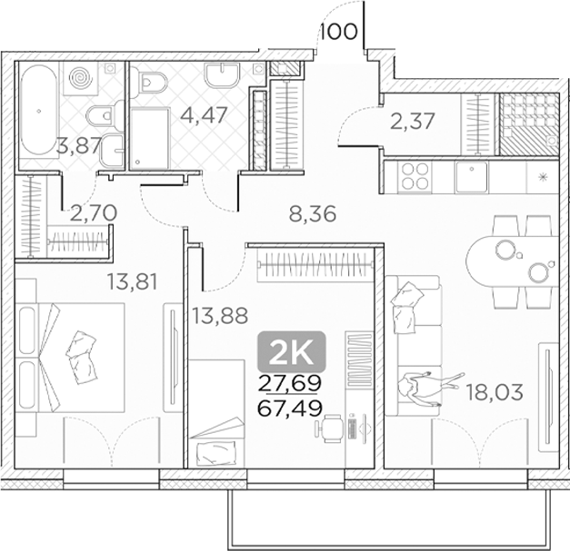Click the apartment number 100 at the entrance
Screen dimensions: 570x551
click(x=339, y=32)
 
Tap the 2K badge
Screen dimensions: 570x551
click(x=292, y=350)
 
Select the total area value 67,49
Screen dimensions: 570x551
click(x=290, y=408)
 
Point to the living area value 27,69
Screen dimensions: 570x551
click(x=290, y=382)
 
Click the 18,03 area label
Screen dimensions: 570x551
click(x=495, y=392)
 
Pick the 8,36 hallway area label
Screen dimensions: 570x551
click(x=313, y=214)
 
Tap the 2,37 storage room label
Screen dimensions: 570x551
click(x=412, y=121)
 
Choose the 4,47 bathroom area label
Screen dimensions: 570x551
click(x=205, y=114)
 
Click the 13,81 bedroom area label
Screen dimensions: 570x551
click(x=133, y=281)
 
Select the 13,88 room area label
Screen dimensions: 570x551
click(x=220, y=315)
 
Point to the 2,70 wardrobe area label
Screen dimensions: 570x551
click(x=94, y=213)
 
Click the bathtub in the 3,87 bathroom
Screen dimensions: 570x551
click(x=38, y=111)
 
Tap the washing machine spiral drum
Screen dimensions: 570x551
click(x=81, y=78)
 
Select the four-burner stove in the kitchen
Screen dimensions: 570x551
click(x=414, y=176)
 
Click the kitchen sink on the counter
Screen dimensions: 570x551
click(x=472, y=177)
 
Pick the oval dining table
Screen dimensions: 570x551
click(x=511, y=261)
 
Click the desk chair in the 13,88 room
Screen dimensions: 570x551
click(x=330, y=428)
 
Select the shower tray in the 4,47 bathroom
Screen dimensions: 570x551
click(x=151, y=138)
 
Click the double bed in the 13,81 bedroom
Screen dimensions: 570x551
click(x=71, y=358)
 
